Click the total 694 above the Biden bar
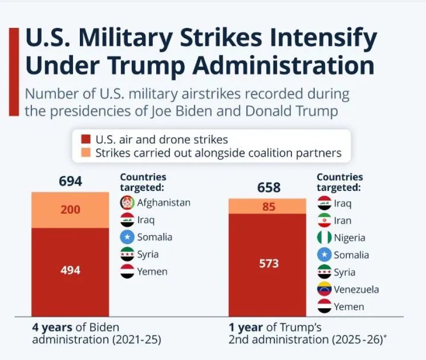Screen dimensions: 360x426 [x=71, y=181]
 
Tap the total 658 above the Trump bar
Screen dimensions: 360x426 [x=269, y=187]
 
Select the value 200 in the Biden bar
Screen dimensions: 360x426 [x=71, y=210]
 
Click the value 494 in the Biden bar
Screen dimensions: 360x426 [x=71, y=270]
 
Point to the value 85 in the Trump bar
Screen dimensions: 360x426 [x=269, y=207]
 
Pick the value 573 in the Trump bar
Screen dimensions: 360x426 [x=269, y=264]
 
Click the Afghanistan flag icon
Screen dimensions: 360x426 [x=127, y=202]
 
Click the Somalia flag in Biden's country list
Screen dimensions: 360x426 [x=127, y=237]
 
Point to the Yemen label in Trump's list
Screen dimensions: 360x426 [x=349, y=307]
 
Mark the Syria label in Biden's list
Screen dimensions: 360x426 [x=148, y=254]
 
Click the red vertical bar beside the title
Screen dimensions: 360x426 [x=14, y=72]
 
